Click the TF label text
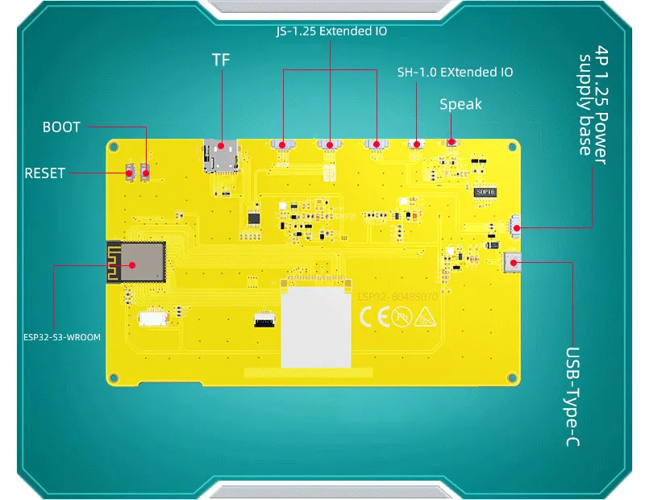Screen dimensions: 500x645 point(221,60)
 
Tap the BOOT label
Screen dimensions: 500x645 point(61,127)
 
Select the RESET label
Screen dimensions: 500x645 point(44,173)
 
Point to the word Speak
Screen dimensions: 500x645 point(460,104)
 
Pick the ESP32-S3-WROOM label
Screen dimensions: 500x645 point(62,337)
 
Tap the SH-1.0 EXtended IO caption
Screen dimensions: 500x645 point(455,72)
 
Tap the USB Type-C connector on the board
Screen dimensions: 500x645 point(511,260)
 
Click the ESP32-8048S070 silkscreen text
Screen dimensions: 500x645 point(397,297)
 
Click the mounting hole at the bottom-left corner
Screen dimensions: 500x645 point(114,375)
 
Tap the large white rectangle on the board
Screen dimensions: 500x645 point(316,327)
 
